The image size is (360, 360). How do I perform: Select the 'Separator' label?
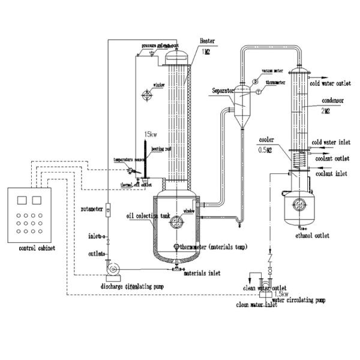tap(223, 91)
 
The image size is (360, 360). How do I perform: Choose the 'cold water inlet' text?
tap(331, 143)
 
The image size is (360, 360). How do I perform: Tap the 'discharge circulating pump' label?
tap(131, 287)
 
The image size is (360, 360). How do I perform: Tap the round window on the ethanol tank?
tap(298, 206)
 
